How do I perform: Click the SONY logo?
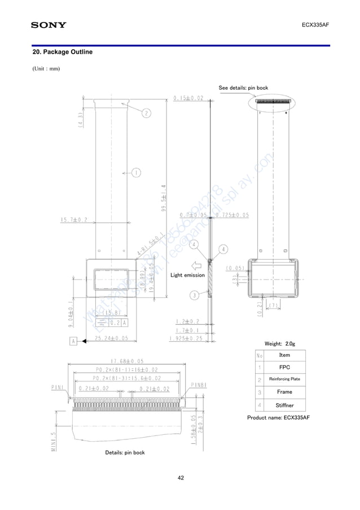[x=48, y=25]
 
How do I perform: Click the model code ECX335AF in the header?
[x=315, y=25]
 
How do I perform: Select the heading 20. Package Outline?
[x=63, y=52]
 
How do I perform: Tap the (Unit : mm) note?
[x=46, y=69]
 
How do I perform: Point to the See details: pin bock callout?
[x=243, y=88]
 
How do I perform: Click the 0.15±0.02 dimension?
[x=188, y=98]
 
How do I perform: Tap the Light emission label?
[x=187, y=275]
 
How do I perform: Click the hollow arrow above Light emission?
[x=197, y=265]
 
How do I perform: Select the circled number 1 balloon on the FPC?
[x=136, y=172]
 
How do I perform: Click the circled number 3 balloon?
[x=194, y=295]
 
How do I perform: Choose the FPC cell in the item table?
[x=284, y=367]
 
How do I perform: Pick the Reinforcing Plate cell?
[x=284, y=379]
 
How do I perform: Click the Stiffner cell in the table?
[x=284, y=404]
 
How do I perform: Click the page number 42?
[x=181, y=478]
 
